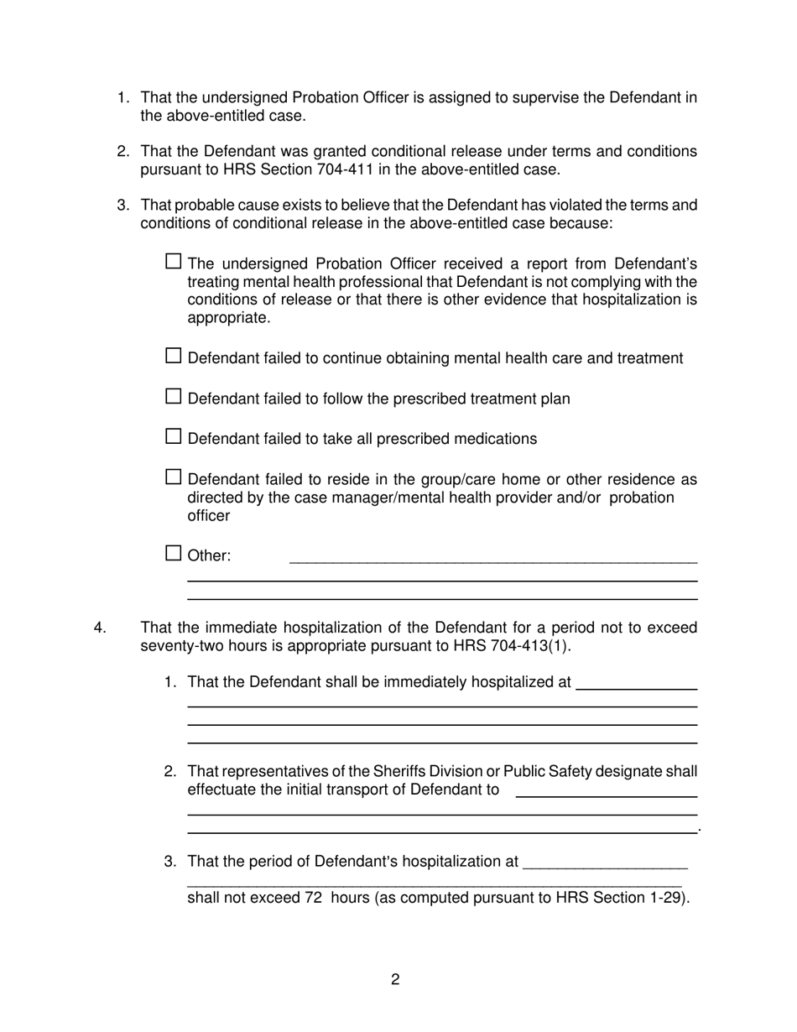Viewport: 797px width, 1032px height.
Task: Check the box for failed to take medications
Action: [x=174, y=436]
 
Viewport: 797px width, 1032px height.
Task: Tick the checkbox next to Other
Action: [x=174, y=553]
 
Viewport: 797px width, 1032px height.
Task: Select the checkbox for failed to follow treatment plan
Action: [x=174, y=396]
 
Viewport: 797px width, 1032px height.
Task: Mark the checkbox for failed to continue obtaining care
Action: [x=174, y=356]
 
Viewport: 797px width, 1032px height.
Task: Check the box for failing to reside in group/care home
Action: [x=174, y=477]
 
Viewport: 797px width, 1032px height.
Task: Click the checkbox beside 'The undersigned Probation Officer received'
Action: [x=174, y=261]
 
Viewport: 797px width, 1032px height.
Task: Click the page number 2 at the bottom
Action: [x=395, y=980]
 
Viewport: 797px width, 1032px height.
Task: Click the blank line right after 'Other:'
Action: [x=492, y=557]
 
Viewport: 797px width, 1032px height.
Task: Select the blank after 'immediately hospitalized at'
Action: [x=637, y=685]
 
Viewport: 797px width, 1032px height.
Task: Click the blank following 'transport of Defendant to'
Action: [x=606, y=792]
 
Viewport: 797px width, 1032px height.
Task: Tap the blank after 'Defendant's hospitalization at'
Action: [x=604, y=863]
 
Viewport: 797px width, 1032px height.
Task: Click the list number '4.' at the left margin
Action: [x=100, y=628]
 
